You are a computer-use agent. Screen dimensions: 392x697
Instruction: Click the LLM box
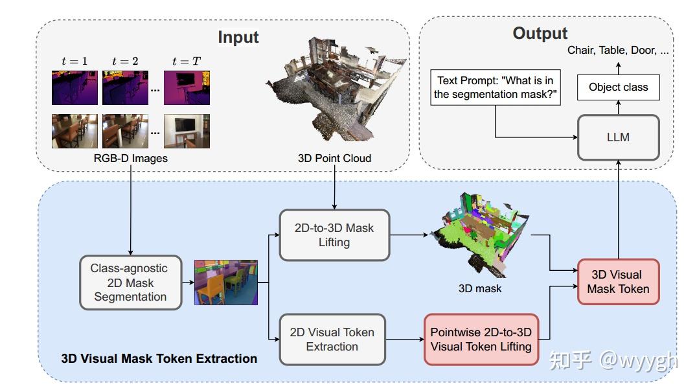coord(618,137)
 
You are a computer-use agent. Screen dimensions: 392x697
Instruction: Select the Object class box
coord(618,87)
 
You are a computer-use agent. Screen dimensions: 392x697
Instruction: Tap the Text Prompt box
coord(496,87)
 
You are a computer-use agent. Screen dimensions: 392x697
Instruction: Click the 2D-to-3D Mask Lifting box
coord(334,235)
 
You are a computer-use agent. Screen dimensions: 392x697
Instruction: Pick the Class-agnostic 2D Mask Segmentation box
coord(130,282)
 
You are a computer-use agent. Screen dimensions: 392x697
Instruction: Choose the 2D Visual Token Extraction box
coord(332,340)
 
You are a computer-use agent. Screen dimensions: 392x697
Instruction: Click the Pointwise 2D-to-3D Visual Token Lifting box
coord(481,340)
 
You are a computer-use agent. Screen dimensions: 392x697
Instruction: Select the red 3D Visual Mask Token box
coord(618,282)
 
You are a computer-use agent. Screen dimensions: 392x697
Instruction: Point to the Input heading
coord(238,37)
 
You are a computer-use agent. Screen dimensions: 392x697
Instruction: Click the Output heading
coord(540,33)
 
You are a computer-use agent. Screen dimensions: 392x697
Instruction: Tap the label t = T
coord(186,62)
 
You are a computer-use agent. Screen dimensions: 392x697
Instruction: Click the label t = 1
coord(74,62)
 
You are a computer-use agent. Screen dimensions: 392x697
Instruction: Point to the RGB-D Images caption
coord(130,158)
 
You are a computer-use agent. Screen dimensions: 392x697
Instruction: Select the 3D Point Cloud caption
coord(334,158)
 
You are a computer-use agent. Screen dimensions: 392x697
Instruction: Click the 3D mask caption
coord(479,289)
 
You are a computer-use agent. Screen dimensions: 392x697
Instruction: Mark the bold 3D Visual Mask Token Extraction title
coord(159,358)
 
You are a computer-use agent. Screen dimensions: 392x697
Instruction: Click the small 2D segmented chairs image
coord(226,283)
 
